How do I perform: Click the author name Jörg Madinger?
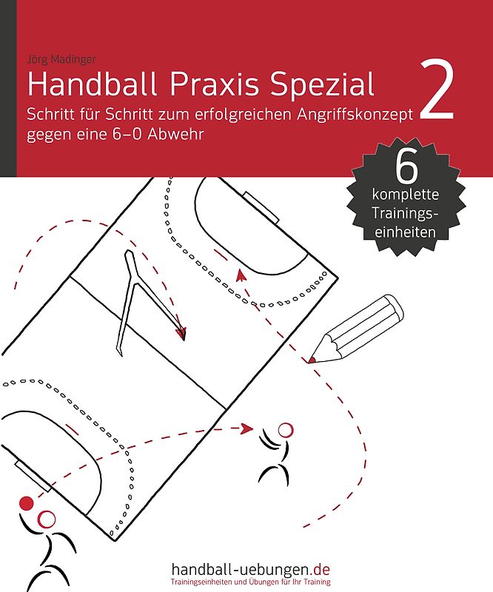click(61, 59)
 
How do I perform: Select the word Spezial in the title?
click(322, 85)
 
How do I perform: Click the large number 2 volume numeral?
click(436, 90)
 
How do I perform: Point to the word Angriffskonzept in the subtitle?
click(355, 115)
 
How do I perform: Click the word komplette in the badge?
click(406, 195)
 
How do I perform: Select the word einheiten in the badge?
click(405, 232)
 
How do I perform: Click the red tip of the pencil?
click(312, 360)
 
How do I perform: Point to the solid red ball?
click(27, 503)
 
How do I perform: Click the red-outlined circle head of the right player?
click(285, 430)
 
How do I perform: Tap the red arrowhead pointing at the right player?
click(247, 428)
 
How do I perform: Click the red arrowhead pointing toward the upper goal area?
click(241, 275)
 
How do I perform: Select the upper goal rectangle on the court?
click(261, 207)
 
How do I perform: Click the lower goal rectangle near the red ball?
click(33, 476)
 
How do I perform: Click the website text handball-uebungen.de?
click(250, 568)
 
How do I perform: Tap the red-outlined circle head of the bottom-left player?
click(47, 519)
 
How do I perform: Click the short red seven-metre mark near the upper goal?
click(221, 254)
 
